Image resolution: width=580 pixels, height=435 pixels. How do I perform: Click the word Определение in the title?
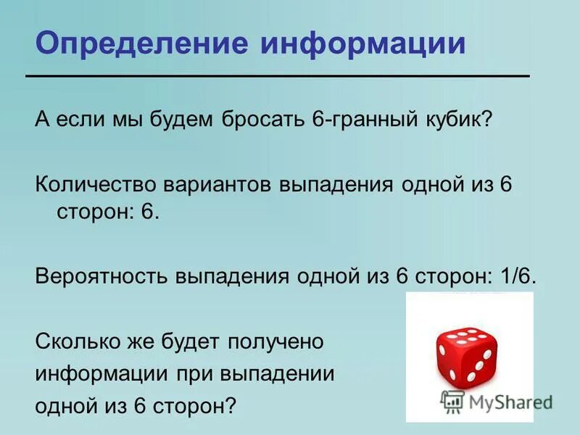point(141,43)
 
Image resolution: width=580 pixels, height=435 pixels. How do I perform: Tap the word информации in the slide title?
point(364,43)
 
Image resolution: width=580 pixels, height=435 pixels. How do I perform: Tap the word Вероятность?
point(99,277)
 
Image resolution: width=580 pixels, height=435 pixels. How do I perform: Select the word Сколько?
point(73,341)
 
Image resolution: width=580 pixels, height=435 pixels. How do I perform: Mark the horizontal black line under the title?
point(277,76)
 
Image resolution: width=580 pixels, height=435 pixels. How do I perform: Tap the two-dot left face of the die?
point(447,362)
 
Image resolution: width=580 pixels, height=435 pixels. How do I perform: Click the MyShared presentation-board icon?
point(453,402)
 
